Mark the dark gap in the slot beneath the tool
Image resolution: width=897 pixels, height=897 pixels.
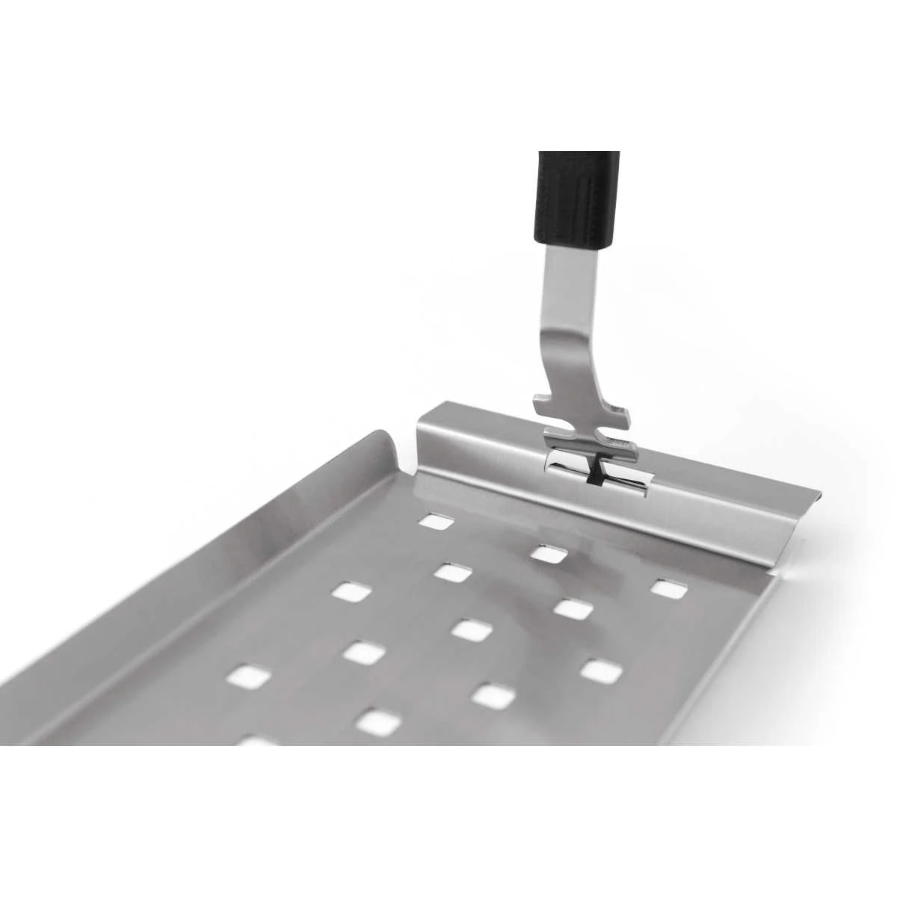click(x=595, y=474)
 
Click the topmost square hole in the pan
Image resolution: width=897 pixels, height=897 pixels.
click(x=434, y=520)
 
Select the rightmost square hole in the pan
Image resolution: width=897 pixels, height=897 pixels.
click(x=669, y=588)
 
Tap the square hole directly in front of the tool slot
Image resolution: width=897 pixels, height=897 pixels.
click(x=549, y=554)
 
